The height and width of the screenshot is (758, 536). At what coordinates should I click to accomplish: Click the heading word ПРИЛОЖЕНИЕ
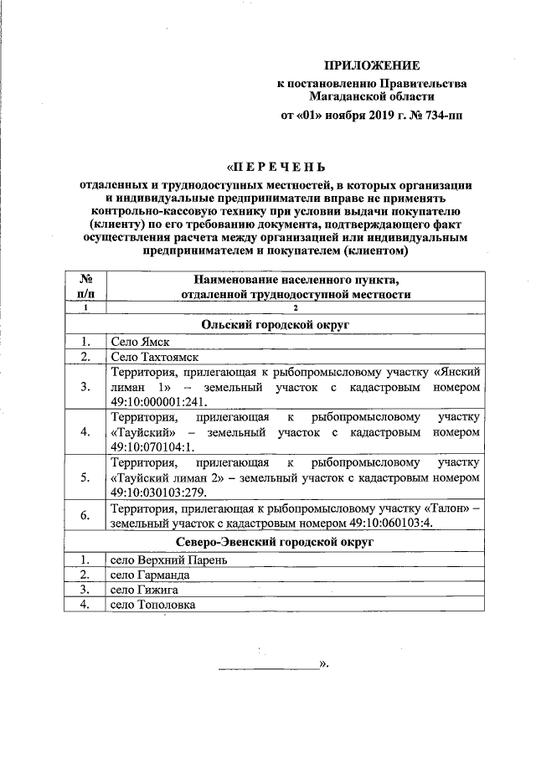pos(373,64)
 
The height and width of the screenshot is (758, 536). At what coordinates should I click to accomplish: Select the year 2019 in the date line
pos(374,117)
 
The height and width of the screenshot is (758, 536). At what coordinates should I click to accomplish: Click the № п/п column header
pos(85,286)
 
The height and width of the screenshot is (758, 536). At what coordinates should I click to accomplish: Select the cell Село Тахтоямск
pos(155,358)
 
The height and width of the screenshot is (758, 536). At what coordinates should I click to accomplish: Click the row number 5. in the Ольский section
pos(85,477)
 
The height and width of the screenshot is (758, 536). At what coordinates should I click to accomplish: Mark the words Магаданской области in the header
pos(373,97)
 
